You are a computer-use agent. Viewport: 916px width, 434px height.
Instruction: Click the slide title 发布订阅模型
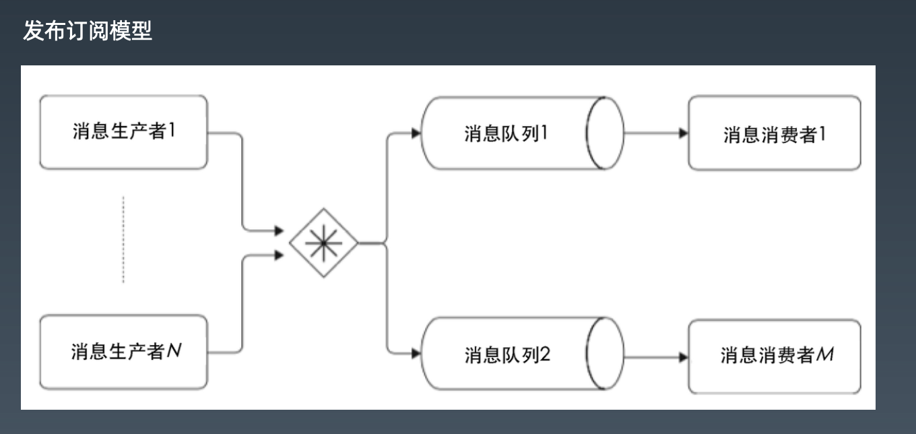[x=88, y=31]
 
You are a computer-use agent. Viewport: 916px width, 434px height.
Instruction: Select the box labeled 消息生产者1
[x=123, y=131]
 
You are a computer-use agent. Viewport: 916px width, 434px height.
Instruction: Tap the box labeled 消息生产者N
[x=123, y=351]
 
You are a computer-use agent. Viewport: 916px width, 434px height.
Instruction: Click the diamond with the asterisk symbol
[x=323, y=243]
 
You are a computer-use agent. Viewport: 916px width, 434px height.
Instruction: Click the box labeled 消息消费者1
[x=774, y=133]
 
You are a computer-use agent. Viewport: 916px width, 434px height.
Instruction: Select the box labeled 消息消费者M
[x=774, y=355]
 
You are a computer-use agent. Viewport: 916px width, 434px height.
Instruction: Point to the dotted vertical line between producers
[x=123, y=240]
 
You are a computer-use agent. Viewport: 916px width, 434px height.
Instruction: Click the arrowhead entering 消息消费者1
[x=683, y=133]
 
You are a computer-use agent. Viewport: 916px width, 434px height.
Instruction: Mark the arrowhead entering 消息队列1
[x=416, y=133]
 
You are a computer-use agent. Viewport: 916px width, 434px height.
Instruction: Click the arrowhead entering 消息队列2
[x=416, y=352]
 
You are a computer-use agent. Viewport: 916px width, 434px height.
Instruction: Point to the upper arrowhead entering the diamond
[x=279, y=231]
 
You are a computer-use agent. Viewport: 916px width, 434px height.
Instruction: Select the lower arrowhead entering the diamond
[x=279, y=255]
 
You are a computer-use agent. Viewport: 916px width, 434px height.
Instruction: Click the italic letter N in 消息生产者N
[x=174, y=350]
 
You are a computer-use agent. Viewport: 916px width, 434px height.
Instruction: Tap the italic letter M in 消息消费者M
[x=824, y=354]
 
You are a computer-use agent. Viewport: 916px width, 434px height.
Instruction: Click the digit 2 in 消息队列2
[x=545, y=354]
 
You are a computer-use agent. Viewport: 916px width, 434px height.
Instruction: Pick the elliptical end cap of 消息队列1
[x=606, y=133]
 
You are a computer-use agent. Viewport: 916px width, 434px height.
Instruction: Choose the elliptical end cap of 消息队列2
[x=606, y=354]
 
